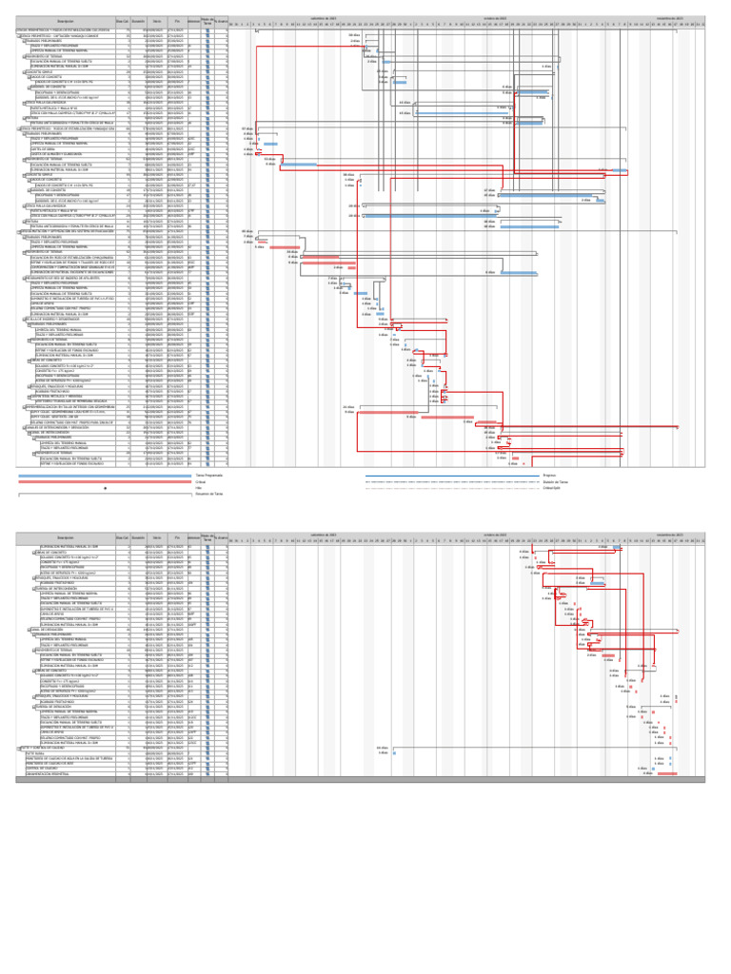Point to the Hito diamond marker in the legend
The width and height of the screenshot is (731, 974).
(x=105, y=488)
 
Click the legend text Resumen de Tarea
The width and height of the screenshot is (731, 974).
(x=210, y=495)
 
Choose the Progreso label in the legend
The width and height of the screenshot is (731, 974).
(x=549, y=475)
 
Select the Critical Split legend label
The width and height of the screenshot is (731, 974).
(x=553, y=488)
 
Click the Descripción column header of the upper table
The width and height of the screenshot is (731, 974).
(x=66, y=20)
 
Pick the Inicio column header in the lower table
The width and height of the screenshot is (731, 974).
(x=156, y=538)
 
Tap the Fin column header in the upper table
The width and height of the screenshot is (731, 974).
(x=177, y=20)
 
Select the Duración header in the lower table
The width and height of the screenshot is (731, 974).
(x=138, y=538)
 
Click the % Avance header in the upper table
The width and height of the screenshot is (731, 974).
(x=221, y=20)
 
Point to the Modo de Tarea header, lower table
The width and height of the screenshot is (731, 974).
(x=207, y=538)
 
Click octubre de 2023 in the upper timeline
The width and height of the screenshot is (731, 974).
(x=493, y=17)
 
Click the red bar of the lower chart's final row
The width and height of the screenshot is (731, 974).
(x=667, y=773)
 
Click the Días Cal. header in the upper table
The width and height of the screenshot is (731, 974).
(x=122, y=20)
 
